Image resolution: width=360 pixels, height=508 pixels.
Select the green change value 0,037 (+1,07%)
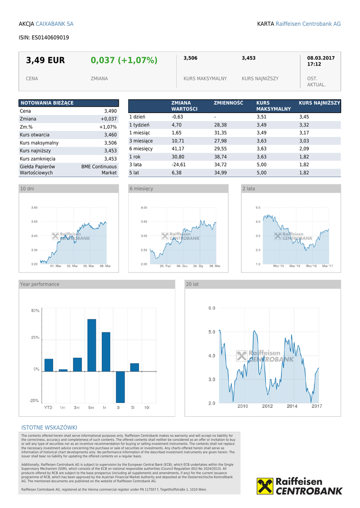tap(124, 61)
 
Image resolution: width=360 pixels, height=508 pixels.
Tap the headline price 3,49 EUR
tap(45, 61)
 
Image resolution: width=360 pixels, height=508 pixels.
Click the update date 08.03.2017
tap(321, 58)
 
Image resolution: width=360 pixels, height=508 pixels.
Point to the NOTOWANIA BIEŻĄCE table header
tap(47, 103)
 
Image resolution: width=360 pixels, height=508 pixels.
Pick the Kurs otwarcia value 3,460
tap(110, 135)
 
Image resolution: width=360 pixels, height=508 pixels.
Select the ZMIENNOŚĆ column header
tap(228, 103)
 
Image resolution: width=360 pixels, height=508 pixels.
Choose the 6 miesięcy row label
tap(141, 149)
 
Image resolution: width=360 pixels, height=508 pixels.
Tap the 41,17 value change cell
tap(178, 149)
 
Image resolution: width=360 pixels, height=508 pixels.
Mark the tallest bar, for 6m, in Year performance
tap(91, 345)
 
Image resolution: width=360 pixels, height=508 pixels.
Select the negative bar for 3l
tap(120, 387)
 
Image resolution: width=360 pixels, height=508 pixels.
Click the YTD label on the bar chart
tap(48, 407)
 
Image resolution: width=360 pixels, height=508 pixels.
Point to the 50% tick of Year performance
tap(35, 311)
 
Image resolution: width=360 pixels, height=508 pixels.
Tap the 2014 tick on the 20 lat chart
tap(292, 406)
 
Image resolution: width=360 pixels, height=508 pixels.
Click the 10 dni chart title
tap(27, 189)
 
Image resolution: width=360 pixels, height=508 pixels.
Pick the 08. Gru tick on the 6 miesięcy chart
tap(182, 266)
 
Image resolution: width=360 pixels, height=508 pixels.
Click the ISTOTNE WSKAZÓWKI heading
tap(49, 428)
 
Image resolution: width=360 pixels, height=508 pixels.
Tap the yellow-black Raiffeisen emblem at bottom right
tap(265, 486)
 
